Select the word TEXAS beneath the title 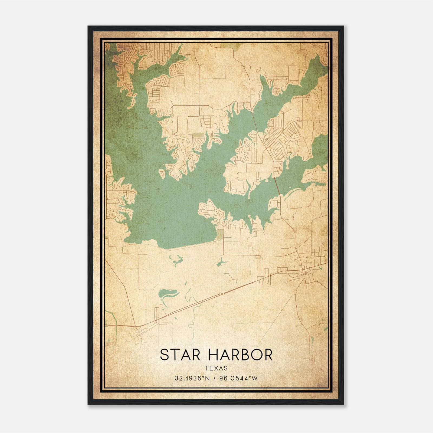pos(216,368)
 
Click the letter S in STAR pos(164,355)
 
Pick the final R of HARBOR pos(268,355)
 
